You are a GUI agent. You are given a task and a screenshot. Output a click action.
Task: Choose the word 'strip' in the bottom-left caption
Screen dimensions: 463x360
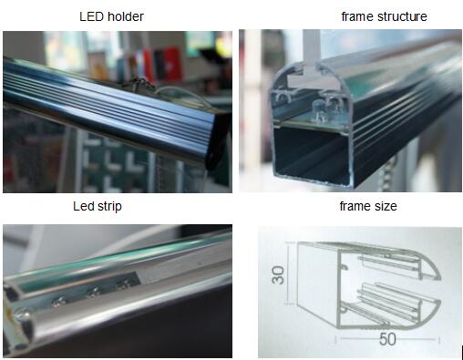[109, 207]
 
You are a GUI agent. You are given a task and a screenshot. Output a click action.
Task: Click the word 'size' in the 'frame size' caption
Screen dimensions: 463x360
[386, 206]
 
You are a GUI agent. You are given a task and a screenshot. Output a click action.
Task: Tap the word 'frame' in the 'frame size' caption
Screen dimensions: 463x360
[355, 206]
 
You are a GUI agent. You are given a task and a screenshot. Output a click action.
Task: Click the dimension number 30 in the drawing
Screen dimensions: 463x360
[278, 275]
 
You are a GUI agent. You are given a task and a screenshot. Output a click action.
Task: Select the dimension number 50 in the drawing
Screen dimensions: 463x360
[387, 339]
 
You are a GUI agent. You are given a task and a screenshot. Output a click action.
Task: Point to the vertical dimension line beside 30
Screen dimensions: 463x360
[288, 273]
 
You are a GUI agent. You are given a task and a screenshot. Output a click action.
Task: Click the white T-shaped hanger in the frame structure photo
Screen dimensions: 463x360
[313, 66]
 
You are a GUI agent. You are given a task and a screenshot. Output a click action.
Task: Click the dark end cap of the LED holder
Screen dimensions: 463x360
[217, 139]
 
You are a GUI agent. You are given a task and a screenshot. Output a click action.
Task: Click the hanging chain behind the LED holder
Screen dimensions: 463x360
[139, 85]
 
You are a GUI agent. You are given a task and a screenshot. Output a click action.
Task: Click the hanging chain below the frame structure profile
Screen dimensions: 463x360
[390, 173]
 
